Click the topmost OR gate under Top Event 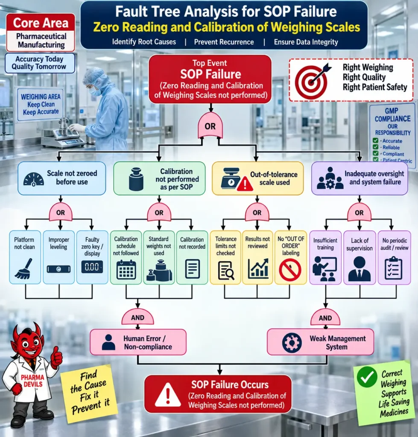pos(210,125)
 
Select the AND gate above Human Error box pos(137,317)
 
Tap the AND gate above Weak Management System pos(325,318)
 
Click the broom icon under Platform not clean pos(24,269)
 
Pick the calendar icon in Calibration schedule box pos(126,270)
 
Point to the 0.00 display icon pos(92,267)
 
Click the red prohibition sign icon pos(290,270)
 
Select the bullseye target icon pos(312,81)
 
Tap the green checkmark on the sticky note pos(367,377)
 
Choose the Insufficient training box pos(325,257)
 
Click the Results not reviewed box pos(257,257)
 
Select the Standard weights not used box pos(159,257)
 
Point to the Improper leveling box pos(58,257)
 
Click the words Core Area pos(41,23)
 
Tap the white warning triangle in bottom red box pos(168,395)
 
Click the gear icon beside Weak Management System pos(292,343)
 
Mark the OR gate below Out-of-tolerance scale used pos(257,212)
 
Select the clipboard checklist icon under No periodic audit pos(394,268)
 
